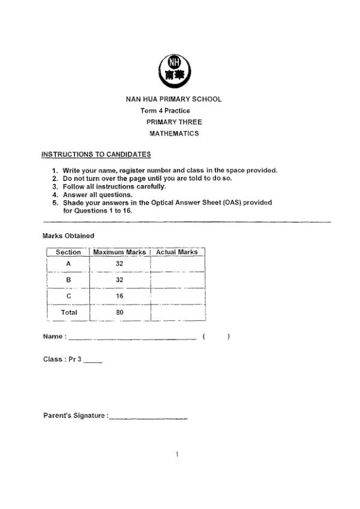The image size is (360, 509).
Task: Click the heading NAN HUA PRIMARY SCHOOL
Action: [173, 99]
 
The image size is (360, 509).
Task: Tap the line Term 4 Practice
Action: [165, 111]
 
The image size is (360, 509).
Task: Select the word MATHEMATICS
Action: [174, 134]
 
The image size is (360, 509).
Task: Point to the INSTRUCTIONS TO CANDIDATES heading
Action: [96, 155]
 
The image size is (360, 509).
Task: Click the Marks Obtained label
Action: [68, 236]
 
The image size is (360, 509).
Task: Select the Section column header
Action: [68, 252]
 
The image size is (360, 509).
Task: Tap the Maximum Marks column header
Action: [119, 252]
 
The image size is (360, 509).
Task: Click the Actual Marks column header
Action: [177, 252]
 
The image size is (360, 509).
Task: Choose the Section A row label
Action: [68, 264]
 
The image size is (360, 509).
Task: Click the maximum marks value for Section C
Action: [119, 296]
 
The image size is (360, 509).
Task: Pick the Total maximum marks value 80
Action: [119, 312]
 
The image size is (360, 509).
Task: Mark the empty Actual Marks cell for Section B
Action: [178, 279]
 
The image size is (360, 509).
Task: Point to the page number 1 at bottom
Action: [177, 454]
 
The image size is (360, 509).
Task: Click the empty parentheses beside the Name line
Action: [217, 337]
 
